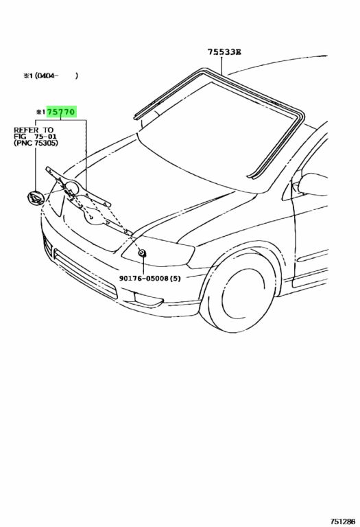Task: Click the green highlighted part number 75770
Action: pyautogui.click(x=61, y=112)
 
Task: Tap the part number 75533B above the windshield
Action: pyautogui.click(x=224, y=51)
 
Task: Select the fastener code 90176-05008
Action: pyautogui.click(x=144, y=279)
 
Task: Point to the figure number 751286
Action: pyautogui.click(x=342, y=522)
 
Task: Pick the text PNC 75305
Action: pyautogui.click(x=36, y=143)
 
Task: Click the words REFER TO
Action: pyautogui.click(x=33, y=130)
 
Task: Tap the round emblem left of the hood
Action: pyautogui.click(x=36, y=198)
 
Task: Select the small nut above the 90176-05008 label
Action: pyautogui.click(x=143, y=253)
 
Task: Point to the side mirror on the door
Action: pyautogui.click(x=312, y=185)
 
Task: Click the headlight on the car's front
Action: pyautogui.click(x=158, y=251)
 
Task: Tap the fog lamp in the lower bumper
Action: pyautogui.click(x=147, y=299)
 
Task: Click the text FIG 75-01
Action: pyautogui.click(x=35, y=136)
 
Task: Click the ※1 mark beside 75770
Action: pyautogui.click(x=41, y=112)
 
